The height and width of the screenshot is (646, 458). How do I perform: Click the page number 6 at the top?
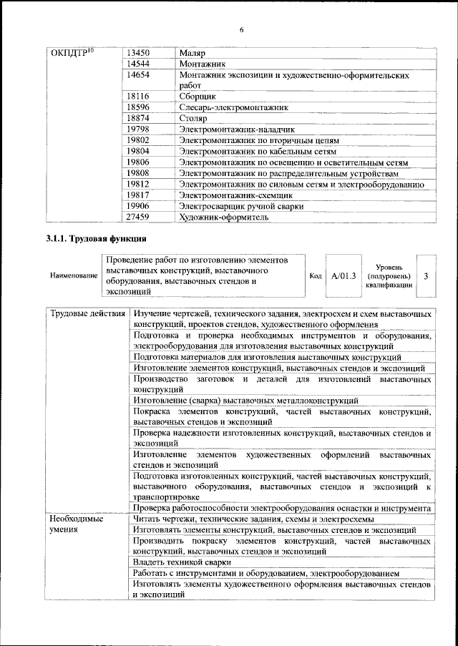(241, 29)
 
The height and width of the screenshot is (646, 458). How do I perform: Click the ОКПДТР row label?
(74, 54)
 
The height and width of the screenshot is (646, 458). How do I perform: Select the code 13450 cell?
(137, 54)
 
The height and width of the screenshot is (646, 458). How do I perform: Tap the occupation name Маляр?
(193, 54)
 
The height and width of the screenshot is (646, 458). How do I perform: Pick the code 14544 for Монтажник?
(137, 64)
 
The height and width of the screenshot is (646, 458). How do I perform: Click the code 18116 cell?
(137, 94)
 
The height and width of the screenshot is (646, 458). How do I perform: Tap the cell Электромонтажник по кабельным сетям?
(257, 151)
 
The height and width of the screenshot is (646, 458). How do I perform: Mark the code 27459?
(137, 217)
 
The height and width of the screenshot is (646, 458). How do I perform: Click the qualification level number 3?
(426, 275)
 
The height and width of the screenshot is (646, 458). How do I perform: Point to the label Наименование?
(74, 275)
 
